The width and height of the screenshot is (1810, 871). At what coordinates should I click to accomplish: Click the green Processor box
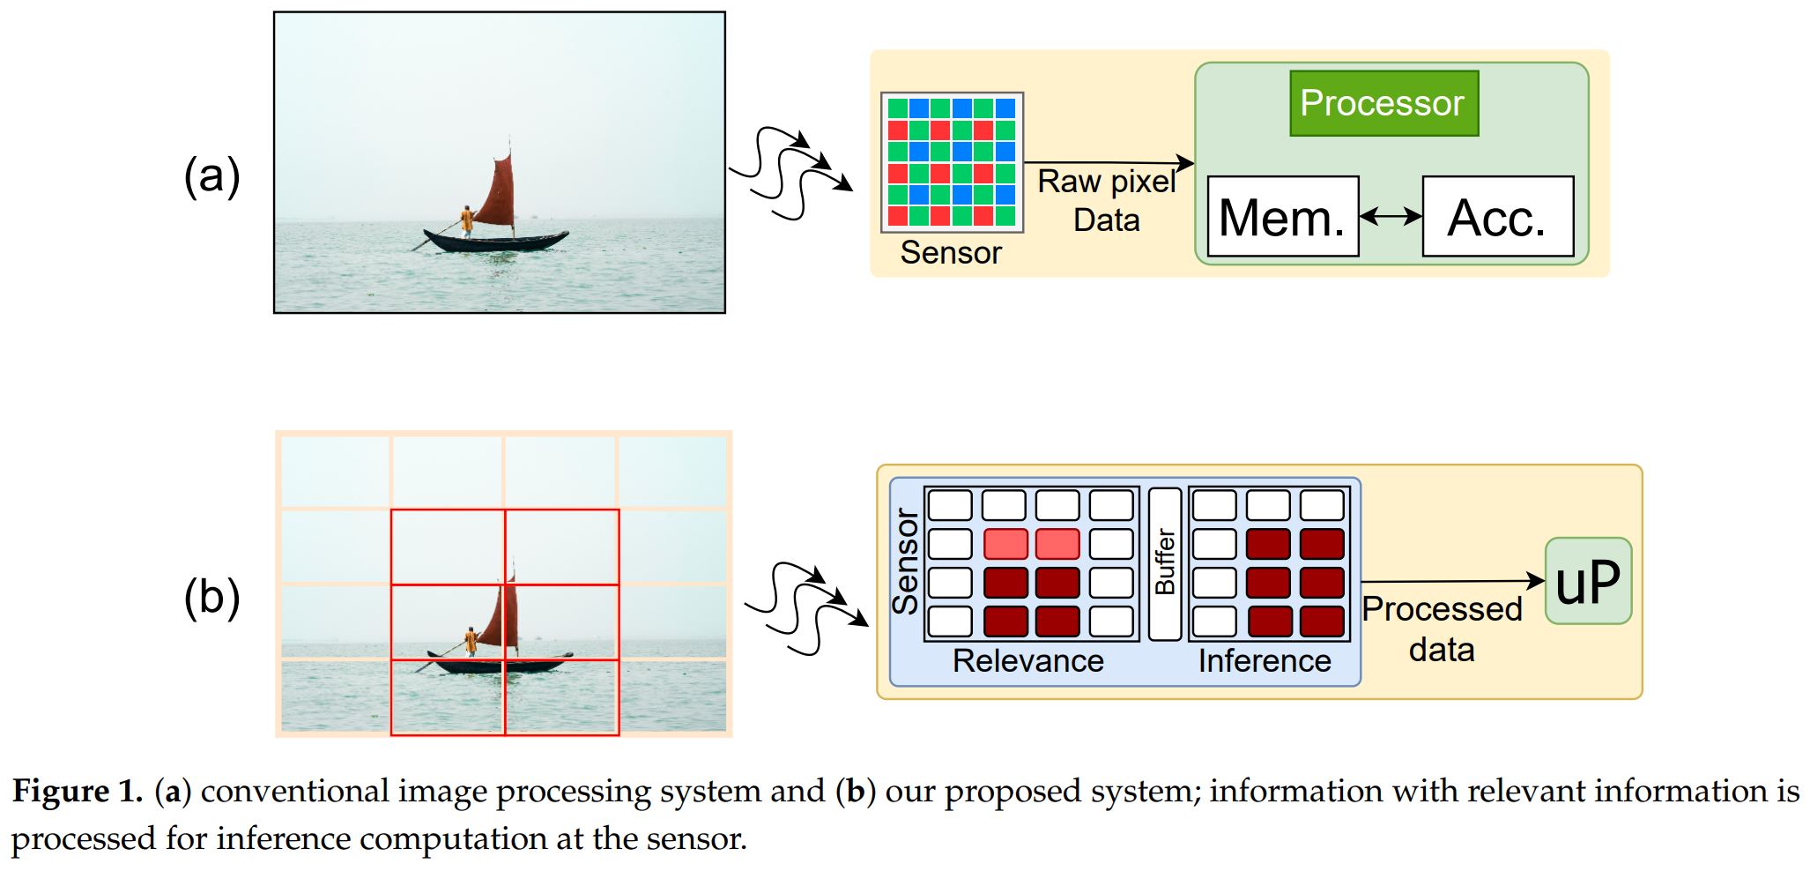click(x=1383, y=103)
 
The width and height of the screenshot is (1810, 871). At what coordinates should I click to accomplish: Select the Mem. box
click(x=1282, y=217)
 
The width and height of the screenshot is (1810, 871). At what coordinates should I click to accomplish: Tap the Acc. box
click(x=1497, y=217)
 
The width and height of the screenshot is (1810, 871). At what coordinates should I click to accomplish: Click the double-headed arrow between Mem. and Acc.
click(x=1391, y=216)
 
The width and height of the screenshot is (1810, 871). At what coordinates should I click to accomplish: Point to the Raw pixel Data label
click(x=1106, y=200)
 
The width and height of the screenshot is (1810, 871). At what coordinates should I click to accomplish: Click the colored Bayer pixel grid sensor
click(x=952, y=162)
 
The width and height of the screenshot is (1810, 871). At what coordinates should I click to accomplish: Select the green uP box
click(x=1588, y=581)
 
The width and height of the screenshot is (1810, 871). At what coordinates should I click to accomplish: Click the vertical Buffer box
click(x=1165, y=564)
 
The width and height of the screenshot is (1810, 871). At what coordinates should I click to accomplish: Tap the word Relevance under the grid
click(x=1027, y=660)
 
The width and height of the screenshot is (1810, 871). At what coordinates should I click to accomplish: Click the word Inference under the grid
click(x=1264, y=660)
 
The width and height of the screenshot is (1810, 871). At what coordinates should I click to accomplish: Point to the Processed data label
click(x=1442, y=629)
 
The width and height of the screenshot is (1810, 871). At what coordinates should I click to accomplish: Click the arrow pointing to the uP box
click(x=1454, y=581)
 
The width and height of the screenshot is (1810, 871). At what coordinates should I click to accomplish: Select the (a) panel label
click(x=211, y=175)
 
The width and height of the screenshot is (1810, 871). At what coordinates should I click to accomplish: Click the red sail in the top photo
click(x=498, y=192)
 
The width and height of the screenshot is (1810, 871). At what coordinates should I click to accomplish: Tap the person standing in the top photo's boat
click(x=466, y=220)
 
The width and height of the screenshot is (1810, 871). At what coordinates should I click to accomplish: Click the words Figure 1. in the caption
click(x=77, y=791)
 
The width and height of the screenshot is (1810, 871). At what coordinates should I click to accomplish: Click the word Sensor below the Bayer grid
click(x=951, y=253)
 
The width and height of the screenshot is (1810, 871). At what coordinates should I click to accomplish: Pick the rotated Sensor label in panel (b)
click(x=906, y=562)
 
